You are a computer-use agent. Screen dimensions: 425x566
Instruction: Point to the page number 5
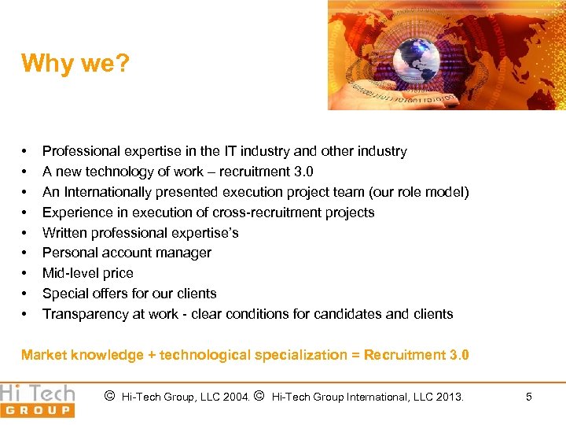tap(528, 397)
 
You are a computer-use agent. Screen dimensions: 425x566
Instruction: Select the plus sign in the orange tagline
tap(150, 355)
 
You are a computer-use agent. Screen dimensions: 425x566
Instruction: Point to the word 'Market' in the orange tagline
tap(43, 355)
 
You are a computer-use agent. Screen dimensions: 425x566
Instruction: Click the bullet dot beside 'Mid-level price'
tap(24, 273)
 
